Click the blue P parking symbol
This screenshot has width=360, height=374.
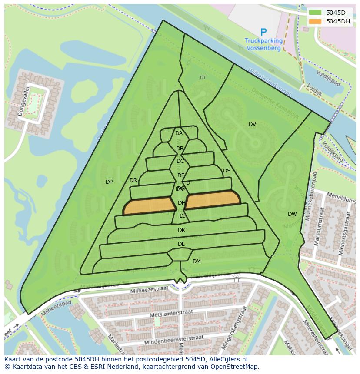(x=263, y=32)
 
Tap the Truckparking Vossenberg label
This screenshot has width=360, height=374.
(x=263, y=44)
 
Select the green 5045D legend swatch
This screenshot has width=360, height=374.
(x=315, y=13)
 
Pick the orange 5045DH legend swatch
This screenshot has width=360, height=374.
(x=315, y=21)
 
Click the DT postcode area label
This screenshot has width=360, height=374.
(x=203, y=78)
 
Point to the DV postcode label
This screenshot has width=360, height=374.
(x=252, y=124)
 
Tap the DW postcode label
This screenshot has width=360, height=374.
(x=292, y=214)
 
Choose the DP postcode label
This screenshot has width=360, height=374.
(x=109, y=182)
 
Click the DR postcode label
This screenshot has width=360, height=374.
(x=133, y=180)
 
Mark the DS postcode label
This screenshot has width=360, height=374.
(x=227, y=171)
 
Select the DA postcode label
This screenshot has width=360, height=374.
(x=179, y=133)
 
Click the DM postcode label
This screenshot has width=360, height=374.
(x=197, y=261)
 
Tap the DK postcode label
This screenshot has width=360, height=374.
(x=181, y=230)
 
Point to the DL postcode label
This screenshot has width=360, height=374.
(x=181, y=244)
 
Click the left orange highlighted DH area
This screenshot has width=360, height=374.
(x=149, y=206)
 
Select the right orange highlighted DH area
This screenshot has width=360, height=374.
(x=213, y=199)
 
